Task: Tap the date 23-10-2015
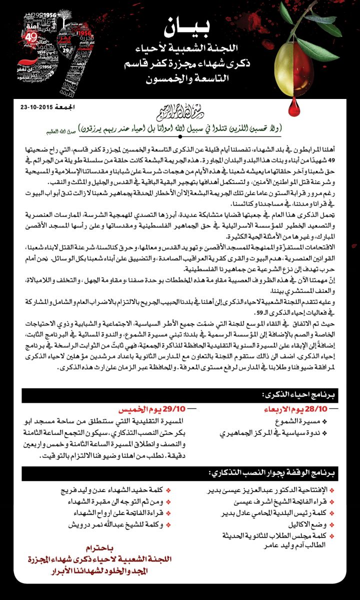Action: click(x=34, y=106)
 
